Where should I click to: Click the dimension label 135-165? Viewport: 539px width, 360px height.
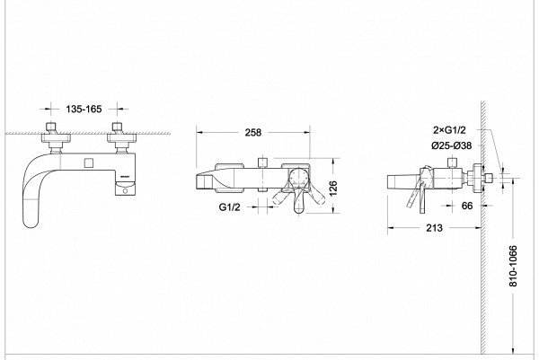(84, 109)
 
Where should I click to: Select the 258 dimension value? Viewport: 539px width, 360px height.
(253, 132)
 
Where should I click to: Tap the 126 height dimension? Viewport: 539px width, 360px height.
(333, 189)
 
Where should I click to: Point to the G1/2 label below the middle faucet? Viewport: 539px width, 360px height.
(229, 206)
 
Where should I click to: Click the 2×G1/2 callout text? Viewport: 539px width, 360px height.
(449, 130)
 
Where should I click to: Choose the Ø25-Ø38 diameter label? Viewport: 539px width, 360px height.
(451, 145)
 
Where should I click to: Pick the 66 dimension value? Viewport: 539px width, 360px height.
(467, 206)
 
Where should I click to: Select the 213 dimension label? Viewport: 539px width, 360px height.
(434, 228)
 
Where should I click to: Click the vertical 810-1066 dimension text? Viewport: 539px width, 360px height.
(513, 266)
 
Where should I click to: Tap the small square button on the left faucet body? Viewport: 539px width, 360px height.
(89, 162)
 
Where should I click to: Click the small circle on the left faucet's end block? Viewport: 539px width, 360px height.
(126, 190)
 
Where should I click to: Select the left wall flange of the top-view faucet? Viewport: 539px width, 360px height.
(56, 138)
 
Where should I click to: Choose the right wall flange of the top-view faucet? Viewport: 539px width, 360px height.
(121, 138)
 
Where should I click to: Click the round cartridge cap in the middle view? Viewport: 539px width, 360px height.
(298, 178)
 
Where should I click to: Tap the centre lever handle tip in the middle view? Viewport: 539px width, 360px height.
(298, 207)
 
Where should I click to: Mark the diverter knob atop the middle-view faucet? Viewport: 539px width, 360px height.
(262, 162)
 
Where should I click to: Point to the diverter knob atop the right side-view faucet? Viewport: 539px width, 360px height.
(453, 163)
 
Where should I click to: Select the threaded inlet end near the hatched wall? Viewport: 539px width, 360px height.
(488, 178)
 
